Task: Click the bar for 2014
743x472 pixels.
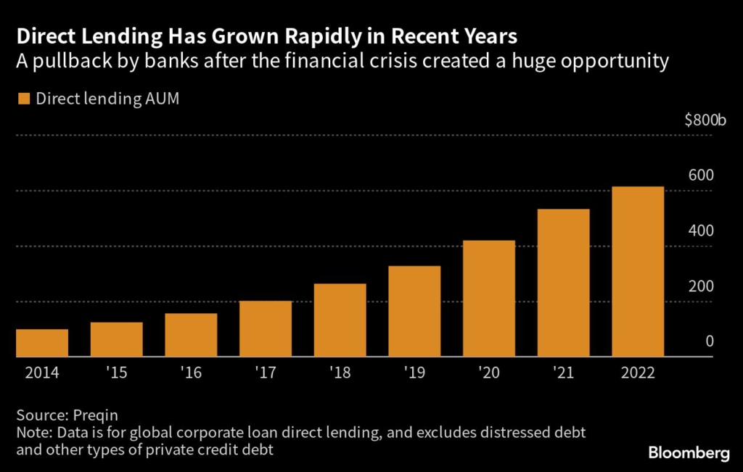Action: (x=41, y=343)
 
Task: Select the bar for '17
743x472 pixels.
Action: (x=266, y=328)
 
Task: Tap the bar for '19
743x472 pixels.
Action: (x=414, y=311)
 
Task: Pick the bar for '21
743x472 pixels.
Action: (x=563, y=283)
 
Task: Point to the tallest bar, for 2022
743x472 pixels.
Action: (x=638, y=272)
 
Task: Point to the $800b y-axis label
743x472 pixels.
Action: (x=705, y=120)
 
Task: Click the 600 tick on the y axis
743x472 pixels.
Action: (x=702, y=175)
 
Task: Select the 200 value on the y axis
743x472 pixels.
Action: (x=702, y=286)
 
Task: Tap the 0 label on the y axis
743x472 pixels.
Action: (x=710, y=341)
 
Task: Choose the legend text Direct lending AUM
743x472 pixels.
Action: (x=108, y=99)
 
